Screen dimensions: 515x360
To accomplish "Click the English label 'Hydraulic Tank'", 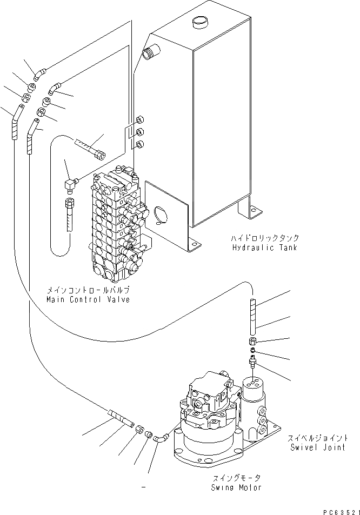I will (265, 248).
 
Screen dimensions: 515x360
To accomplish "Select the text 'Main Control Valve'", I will (88, 299).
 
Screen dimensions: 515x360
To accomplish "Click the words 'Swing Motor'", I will (236, 487).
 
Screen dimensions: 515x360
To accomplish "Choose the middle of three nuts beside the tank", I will (139, 131).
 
